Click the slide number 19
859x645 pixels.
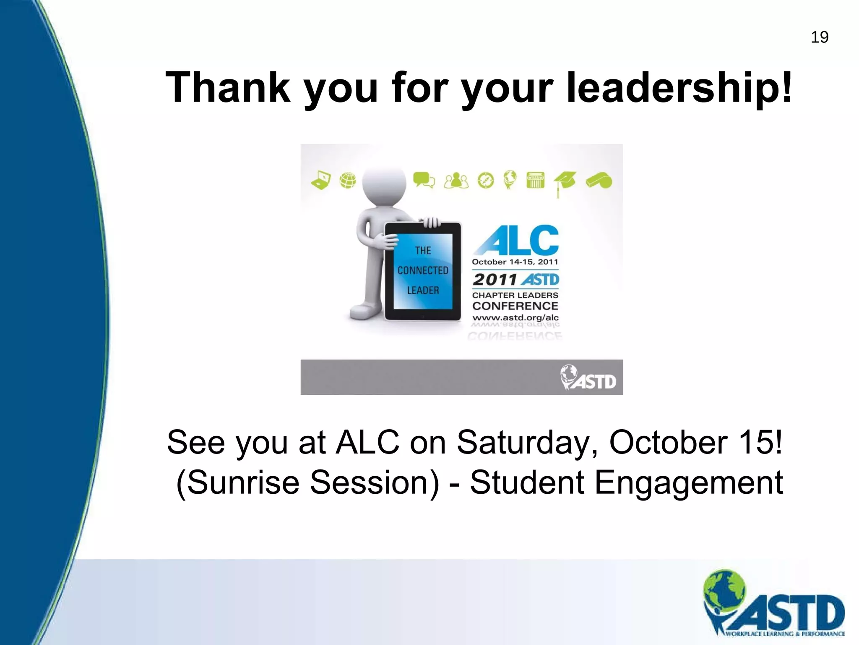point(820,37)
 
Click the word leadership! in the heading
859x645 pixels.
point(679,87)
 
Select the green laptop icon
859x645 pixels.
point(321,181)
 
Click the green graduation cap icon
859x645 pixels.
point(565,182)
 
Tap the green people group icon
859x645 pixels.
point(456,181)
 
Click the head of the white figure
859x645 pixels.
point(384,185)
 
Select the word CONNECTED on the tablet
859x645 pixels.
point(423,270)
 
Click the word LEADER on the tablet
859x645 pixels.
point(423,290)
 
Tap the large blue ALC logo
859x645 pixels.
point(516,240)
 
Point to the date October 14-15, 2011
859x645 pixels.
point(515,262)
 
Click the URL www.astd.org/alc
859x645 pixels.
point(515,318)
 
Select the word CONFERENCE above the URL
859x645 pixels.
point(515,306)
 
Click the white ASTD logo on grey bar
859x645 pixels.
point(588,378)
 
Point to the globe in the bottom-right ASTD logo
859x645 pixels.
point(725,588)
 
